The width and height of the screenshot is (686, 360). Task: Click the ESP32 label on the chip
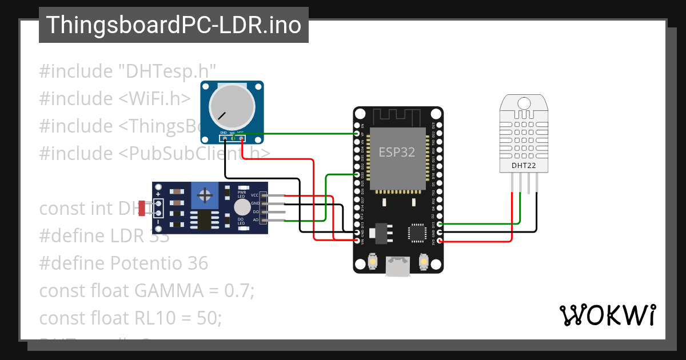click(x=397, y=152)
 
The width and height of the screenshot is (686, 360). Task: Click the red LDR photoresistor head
click(x=141, y=209)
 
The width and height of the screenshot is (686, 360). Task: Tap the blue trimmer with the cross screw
click(x=204, y=197)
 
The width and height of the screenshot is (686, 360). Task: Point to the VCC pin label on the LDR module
click(x=254, y=195)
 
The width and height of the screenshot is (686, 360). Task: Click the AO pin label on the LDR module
click(x=255, y=219)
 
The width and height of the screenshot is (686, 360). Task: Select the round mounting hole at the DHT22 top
click(x=524, y=103)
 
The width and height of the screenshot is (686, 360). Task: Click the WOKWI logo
click(x=607, y=315)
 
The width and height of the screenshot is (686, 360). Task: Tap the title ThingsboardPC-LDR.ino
click(x=173, y=25)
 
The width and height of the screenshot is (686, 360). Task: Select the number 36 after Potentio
click(x=197, y=263)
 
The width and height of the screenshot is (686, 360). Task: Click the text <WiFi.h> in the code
click(x=154, y=99)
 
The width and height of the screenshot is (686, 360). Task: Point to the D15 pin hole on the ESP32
click(x=439, y=224)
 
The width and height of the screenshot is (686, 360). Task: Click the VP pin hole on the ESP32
click(x=357, y=134)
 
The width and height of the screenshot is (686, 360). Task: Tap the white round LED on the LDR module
click(x=242, y=207)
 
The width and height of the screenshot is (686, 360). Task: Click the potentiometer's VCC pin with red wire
click(x=242, y=138)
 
